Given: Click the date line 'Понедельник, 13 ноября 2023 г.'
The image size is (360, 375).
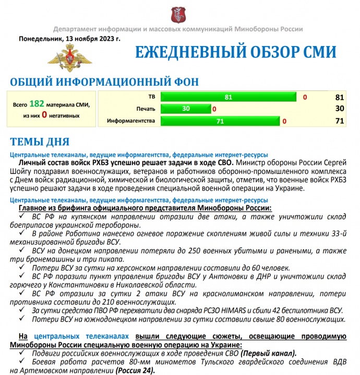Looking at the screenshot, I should (x=69, y=39).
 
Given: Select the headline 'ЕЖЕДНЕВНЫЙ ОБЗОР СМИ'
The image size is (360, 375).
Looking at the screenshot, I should (x=235, y=53).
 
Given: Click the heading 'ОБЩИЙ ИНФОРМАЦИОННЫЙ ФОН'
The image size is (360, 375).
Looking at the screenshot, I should (x=104, y=82).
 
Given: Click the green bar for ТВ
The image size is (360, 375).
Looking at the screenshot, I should (x=229, y=97).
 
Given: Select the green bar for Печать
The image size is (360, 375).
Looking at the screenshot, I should (x=186, y=109).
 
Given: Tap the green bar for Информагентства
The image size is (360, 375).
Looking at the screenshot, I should (x=220, y=121).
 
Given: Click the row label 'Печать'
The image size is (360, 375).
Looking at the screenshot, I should (x=146, y=109).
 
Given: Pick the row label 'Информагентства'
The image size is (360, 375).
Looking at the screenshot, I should (x=131, y=121).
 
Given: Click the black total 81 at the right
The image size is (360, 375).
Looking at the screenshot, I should (x=340, y=97).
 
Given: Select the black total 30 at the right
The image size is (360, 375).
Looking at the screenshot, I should (x=340, y=109).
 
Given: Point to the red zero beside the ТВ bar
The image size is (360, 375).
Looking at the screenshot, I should (x=305, y=97).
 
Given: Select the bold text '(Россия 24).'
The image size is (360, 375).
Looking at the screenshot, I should (x=133, y=370).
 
